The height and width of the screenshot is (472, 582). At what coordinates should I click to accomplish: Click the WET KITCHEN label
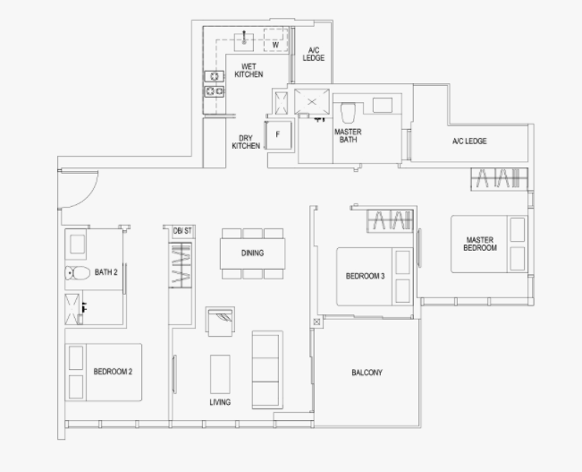point(249,70)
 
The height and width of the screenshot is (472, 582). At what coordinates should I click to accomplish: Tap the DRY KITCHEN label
point(246,142)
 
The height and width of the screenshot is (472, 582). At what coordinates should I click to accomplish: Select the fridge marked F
point(278,135)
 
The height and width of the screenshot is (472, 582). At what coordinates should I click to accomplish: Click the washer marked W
point(275,39)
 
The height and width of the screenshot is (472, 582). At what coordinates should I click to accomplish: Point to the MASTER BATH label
point(348,136)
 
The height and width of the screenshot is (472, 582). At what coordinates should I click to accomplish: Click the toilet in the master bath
point(348,112)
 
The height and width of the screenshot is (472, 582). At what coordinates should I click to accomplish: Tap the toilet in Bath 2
point(77,273)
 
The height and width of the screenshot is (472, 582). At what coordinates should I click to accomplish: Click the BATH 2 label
point(106,272)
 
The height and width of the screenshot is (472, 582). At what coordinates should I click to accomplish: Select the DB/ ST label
point(182,231)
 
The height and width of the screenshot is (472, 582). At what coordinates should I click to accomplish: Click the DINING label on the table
point(252,253)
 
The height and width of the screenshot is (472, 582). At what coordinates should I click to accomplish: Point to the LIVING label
point(220,402)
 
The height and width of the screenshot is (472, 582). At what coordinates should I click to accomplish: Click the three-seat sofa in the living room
point(267,370)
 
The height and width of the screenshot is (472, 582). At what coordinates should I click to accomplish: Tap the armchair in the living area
point(221,322)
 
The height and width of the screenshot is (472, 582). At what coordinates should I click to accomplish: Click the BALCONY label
point(367,373)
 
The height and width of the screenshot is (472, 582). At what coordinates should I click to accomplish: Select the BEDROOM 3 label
point(366,276)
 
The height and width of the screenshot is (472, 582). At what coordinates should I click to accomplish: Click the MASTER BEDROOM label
point(480,244)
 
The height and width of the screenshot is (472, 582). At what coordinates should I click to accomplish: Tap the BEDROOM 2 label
point(113,372)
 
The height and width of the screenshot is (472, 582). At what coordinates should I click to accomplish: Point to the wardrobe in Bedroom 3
point(390,221)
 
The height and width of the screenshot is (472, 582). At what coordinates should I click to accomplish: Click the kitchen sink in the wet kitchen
point(244,42)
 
